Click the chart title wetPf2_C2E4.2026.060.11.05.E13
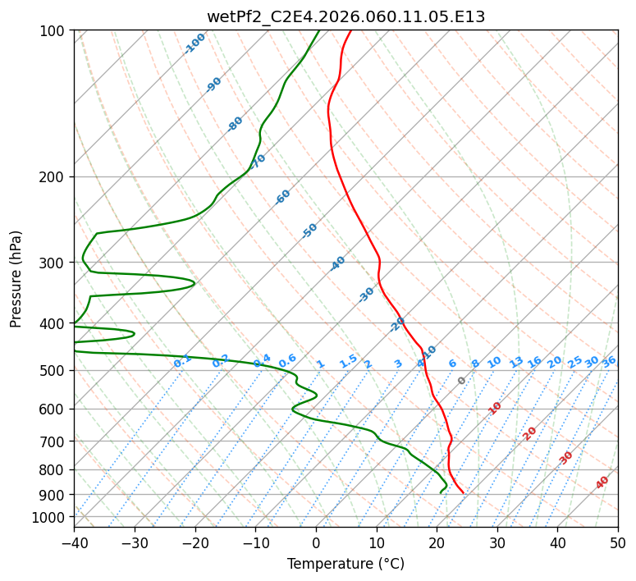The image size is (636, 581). click(345, 16)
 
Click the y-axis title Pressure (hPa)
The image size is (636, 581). click(16, 279)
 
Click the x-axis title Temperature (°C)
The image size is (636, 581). click(345, 564)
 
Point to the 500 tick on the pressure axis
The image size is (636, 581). click(56, 371)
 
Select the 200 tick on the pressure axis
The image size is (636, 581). click(56, 177)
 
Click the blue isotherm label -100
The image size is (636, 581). click(195, 43)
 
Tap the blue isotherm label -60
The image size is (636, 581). click(283, 197)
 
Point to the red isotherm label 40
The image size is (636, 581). click(602, 483)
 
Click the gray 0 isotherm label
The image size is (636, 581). click(462, 381)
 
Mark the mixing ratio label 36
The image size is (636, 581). click(609, 361)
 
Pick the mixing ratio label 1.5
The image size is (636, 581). click(348, 361)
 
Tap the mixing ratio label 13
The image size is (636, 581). click(516, 362)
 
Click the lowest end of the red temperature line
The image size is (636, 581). click(464, 492)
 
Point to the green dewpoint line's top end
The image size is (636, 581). click(319, 30)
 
